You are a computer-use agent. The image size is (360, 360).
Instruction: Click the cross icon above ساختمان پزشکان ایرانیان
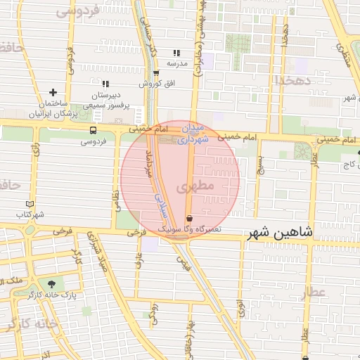(53, 92)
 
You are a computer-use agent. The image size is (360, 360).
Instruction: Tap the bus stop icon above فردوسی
(94, 130)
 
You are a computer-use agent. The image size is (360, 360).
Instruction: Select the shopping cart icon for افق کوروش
(155, 73)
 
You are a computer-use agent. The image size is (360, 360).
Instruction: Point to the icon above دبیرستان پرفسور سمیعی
(105, 84)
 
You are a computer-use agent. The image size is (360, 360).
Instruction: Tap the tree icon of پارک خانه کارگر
(52, 285)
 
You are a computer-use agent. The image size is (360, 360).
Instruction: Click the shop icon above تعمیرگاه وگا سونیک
(189, 217)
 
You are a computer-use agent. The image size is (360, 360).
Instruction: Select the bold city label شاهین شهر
(281, 232)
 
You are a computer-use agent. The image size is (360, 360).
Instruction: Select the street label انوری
(240, 307)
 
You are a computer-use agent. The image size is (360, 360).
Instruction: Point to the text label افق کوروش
(150, 84)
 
